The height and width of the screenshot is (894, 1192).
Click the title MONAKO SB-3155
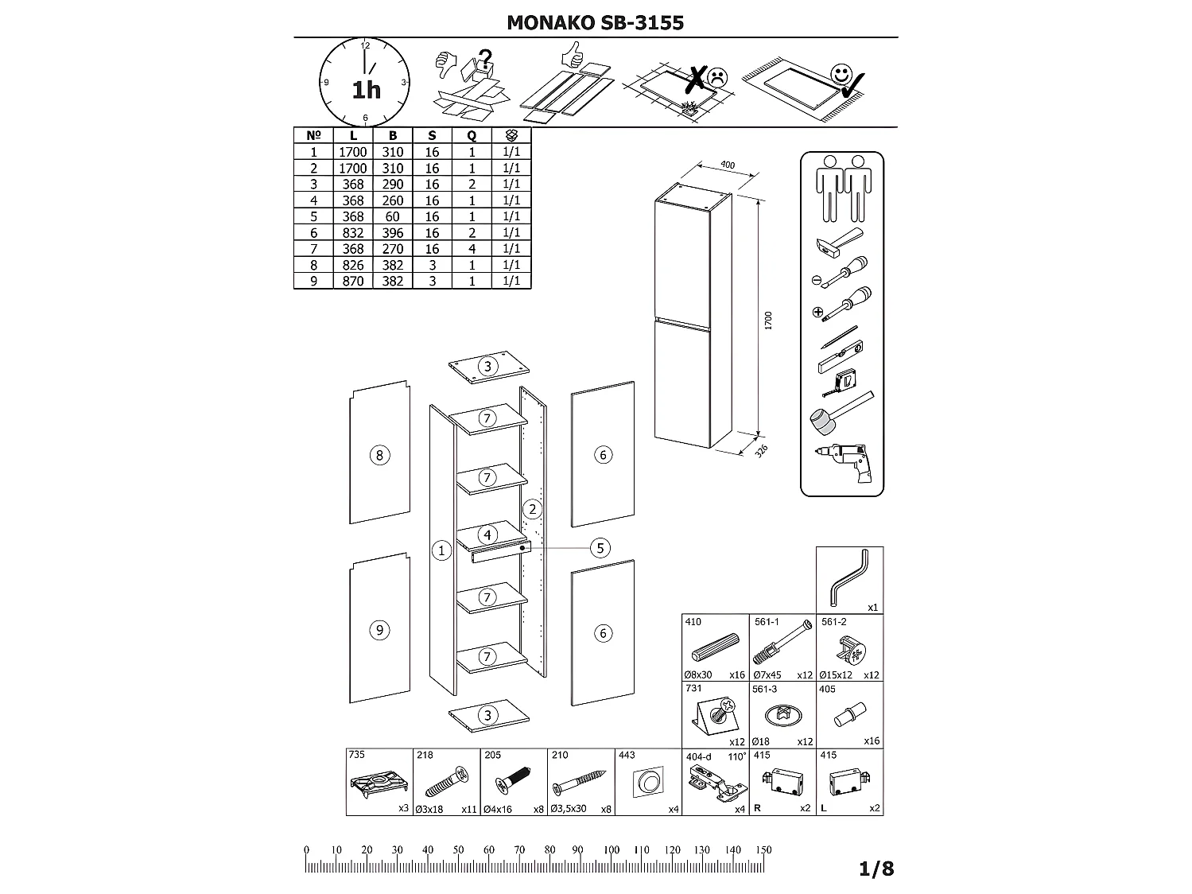[595, 22]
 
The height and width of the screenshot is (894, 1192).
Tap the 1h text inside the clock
[366, 90]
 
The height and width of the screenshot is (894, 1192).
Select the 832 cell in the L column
[353, 232]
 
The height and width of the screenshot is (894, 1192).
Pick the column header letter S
[432, 136]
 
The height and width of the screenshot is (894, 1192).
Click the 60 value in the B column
[393, 216]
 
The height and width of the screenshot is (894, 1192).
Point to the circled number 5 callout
[600, 547]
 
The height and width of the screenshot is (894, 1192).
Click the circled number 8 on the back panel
[379, 455]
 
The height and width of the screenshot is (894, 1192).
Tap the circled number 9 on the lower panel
[379, 630]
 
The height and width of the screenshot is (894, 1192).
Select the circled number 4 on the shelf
[487, 534]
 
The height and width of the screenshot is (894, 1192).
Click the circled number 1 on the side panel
[441, 550]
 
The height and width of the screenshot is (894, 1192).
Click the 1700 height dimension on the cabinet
[768, 321]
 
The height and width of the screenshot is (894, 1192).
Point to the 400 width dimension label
[726, 165]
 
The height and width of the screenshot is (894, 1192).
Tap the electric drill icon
[843, 461]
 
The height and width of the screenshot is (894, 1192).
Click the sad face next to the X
[717, 77]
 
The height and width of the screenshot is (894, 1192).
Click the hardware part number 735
[357, 755]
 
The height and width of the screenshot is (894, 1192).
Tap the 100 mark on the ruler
[611, 849]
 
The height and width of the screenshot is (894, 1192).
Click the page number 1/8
[876, 869]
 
